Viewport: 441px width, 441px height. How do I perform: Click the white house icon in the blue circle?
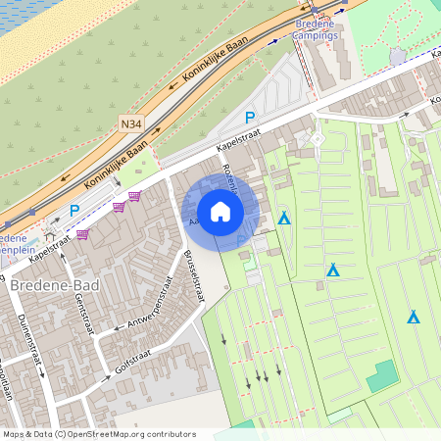pos(220,212)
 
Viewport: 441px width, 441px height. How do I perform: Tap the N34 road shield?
pos(130,124)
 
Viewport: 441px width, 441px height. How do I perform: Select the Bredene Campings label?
pos(317,28)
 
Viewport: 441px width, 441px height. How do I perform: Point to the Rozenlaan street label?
pos(230,180)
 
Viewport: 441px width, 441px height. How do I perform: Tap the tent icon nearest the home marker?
pos(284,218)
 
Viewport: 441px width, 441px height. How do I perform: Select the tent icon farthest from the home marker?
pos(414,317)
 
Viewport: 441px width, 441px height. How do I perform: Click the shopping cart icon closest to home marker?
pos(134,196)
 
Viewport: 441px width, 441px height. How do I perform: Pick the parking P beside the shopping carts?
pos(74,210)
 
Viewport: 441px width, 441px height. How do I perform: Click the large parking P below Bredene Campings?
pos(250,117)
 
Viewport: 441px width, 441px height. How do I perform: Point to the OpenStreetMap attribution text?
pos(99,433)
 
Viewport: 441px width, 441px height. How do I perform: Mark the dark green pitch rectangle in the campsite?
pos(383,375)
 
